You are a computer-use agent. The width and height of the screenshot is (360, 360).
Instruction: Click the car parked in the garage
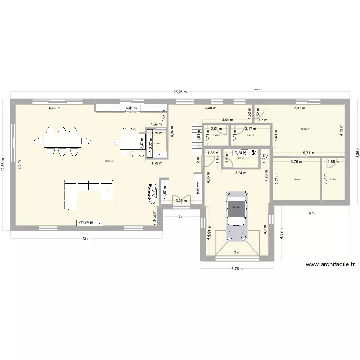click(238, 216)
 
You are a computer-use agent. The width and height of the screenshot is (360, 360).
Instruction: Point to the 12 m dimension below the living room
click(85, 239)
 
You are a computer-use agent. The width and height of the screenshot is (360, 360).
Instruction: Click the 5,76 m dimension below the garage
click(237, 269)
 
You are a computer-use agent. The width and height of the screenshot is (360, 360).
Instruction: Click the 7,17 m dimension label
click(300, 108)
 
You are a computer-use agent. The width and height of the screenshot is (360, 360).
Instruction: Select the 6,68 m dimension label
click(210, 108)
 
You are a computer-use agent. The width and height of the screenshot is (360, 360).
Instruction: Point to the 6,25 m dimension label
click(54, 108)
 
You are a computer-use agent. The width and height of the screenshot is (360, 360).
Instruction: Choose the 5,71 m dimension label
click(308, 153)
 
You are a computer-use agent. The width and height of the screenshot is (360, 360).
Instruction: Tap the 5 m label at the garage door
click(237, 252)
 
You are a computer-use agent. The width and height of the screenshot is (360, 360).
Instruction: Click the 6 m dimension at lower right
click(311, 213)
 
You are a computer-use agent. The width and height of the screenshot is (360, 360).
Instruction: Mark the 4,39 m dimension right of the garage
click(282, 234)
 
